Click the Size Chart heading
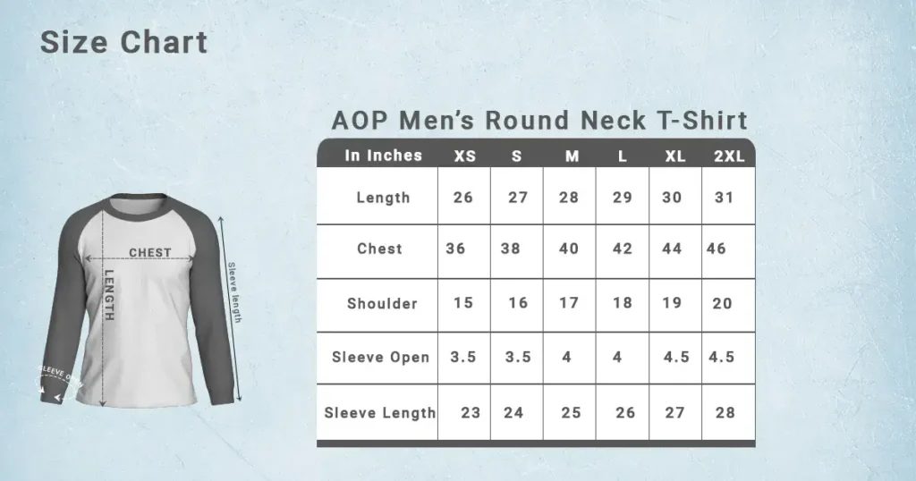point(123,42)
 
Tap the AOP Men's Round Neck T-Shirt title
point(539,120)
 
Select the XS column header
point(464,156)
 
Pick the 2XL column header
point(729,156)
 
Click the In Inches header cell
point(383,156)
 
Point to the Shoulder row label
point(382,304)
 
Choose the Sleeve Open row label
point(380,358)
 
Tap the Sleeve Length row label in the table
point(379,413)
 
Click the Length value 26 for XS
point(463,198)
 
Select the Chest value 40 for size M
point(569,249)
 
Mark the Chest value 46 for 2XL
point(716,249)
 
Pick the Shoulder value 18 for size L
point(623,303)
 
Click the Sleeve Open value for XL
point(676,357)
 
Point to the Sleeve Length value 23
point(471,413)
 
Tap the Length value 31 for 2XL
point(724,198)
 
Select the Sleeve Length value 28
point(725,413)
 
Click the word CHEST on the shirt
point(149,253)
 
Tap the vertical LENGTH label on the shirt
point(109,295)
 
